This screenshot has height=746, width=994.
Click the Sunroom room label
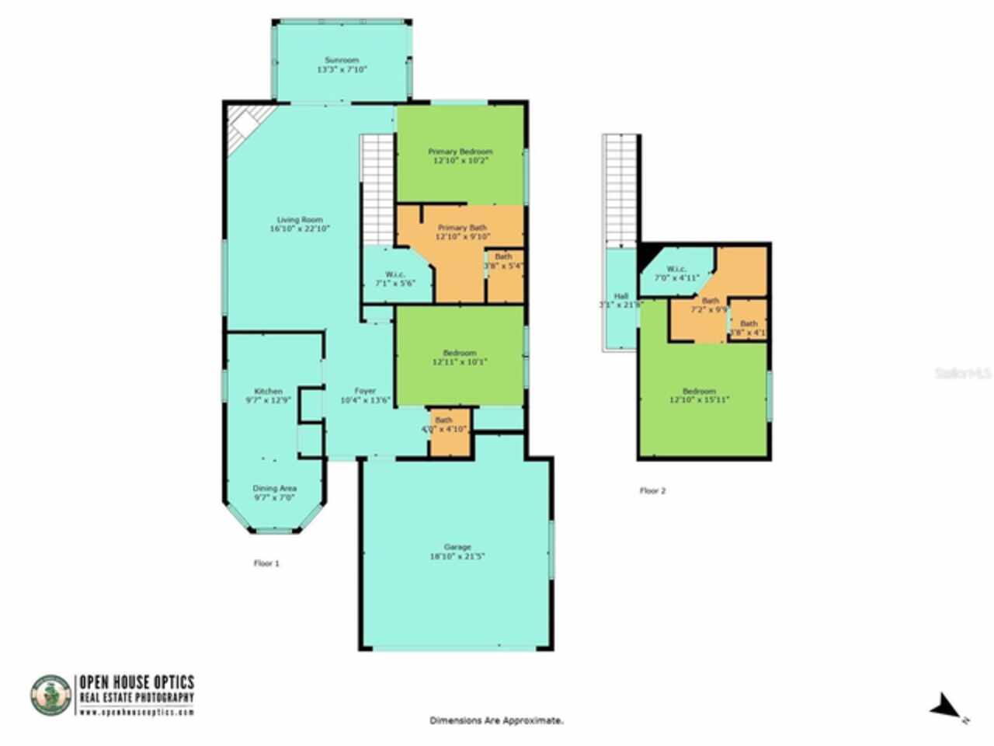pyautogui.click(x=341, y=60)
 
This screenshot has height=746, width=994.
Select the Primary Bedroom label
pyautogui.click(x=461, y=152)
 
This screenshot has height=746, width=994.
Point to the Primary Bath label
pyautogui.click(x=461, y=228)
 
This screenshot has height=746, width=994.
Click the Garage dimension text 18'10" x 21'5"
pyautogui.click(x=457, y=556)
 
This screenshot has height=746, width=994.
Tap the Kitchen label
pyautogui.click(x=268, y=391)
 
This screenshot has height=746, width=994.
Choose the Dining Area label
pyautogui.click(x=275, y=488)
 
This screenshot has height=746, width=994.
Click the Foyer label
pyautogui.click(x=365, y=391)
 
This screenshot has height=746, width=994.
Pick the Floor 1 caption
pyautogui.click(x=266, y=563)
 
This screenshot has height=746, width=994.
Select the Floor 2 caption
pyautogui.click(x=652, y=490)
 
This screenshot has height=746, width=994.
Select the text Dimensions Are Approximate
pyautogui.click(x=497, y=721)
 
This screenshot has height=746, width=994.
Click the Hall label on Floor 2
pyautogui.click(x=620, y=296)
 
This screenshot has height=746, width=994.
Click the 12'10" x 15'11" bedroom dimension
pyautogui.click(x=699, y=399)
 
